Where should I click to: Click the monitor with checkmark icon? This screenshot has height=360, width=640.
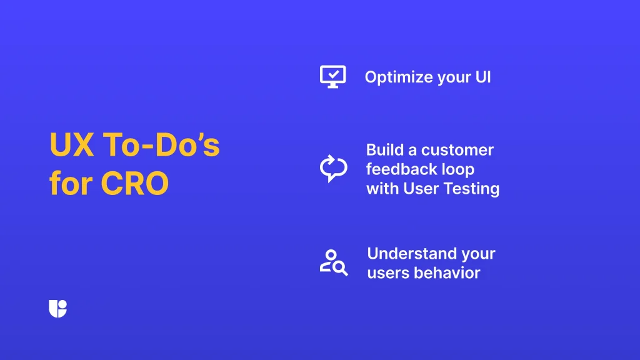(332, 76)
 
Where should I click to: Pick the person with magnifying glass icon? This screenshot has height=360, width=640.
(333, 262)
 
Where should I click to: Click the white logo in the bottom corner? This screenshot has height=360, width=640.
(57, 309)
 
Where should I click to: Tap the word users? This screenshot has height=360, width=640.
(386, 273)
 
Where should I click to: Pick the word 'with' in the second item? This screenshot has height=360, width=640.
(380, 188)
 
